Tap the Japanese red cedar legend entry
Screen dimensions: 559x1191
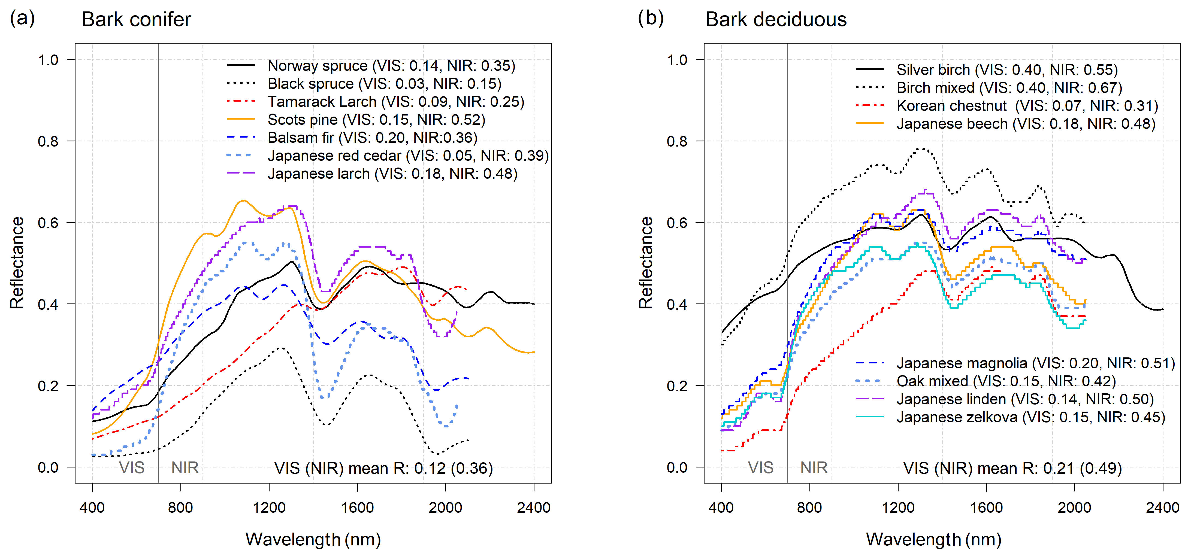pyautogui.click(x=408, y=156)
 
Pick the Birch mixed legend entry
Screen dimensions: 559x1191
pyautogui.click(x=1009, y=88)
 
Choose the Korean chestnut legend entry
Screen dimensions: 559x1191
pyautogui.click(x=1027, y=106)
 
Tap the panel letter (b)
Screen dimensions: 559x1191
pyautogui.click(x=651, y=19)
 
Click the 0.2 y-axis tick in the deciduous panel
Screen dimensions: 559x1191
pyautogui.click(x=677, y=386)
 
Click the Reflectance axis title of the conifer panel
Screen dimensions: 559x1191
pyautogui.click(x=17, y=263)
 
